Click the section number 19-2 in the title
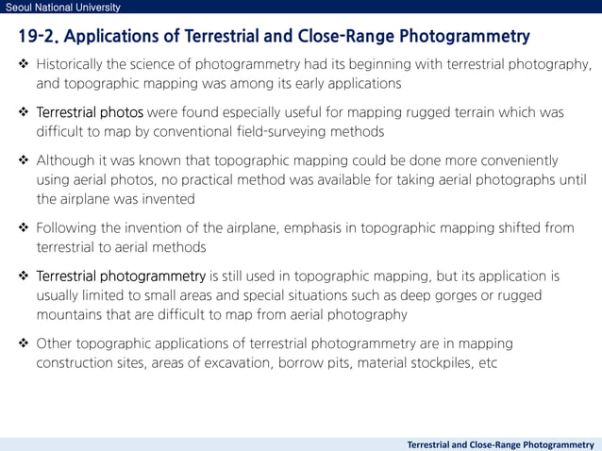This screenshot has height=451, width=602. click(x=41, y=38)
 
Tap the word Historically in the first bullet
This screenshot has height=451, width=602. click(x=75, y=65)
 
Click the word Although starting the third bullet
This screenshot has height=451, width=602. click(x=67, y=160)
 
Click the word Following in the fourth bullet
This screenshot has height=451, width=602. click(x=69, y=228)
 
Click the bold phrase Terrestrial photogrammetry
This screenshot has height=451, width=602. click(x=121, y=276)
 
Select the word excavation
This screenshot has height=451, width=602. click(x=239, y=362)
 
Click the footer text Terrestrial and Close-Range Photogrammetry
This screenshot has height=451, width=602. click(x=500, y=443)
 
